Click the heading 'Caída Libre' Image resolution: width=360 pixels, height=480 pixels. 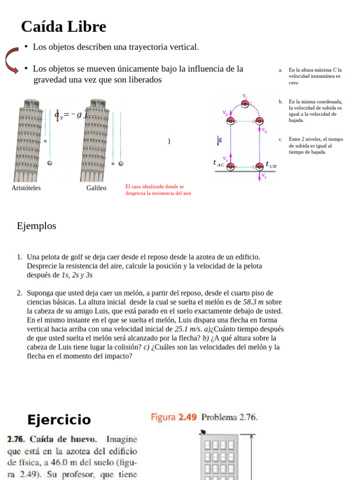[x=63, y=27]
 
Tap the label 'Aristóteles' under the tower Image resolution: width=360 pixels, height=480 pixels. [x=26, y=188]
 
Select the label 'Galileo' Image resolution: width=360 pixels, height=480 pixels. [x=96, y=188]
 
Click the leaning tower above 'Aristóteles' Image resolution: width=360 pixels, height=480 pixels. [x=29, y=141]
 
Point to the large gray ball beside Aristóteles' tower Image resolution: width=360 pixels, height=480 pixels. [x=50, y=163]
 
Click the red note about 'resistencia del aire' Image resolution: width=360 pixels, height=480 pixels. [x=158, y=190]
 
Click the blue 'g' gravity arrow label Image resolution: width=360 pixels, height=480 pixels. [x=219, y=140]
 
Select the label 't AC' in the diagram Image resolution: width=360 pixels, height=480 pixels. [x=218, y=163]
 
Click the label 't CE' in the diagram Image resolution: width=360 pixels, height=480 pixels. [x=271, y=165]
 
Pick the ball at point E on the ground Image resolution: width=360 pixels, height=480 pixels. [x=259, y=166]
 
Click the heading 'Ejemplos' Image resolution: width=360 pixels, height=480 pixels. [x=37, y=226]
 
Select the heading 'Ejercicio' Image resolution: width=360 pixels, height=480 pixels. [x=59, y=420]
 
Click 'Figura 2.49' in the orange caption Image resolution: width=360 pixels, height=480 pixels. [x=173, y=417]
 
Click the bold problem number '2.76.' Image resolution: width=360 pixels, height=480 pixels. [x=17, y=440]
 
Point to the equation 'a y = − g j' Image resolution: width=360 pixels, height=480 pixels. [x=71, y=114]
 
